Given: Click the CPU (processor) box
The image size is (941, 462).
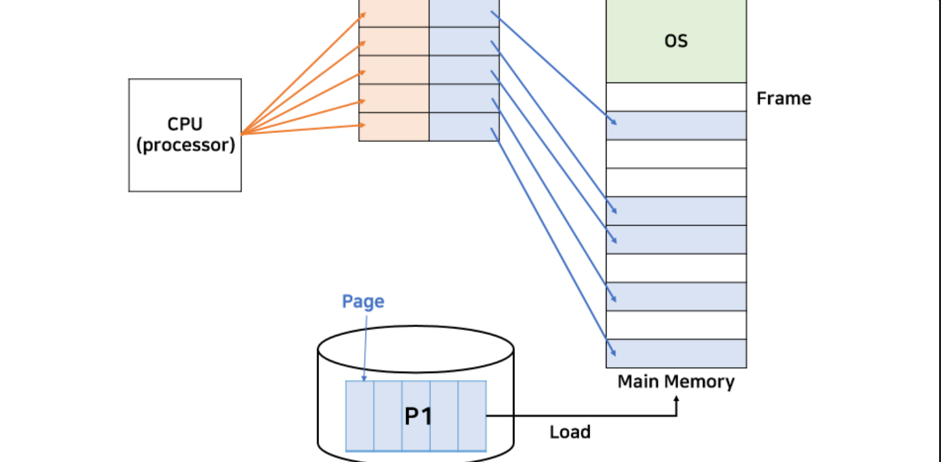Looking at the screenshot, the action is (185, 135).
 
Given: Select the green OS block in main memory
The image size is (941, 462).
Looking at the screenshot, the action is (676, 41).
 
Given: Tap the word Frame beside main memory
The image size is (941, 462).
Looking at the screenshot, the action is (784, 98).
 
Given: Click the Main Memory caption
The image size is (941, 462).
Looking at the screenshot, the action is (676, 382).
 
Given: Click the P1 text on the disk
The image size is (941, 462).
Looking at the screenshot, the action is (418, 417).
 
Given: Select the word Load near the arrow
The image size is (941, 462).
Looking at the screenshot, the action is (570, 432).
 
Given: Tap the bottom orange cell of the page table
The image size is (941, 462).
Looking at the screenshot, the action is (394, 126).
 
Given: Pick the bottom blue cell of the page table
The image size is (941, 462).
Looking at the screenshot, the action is (464, 126).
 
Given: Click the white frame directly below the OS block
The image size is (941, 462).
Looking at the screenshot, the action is (676, 97).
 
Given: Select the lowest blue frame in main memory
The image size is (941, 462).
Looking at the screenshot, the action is (676, 354).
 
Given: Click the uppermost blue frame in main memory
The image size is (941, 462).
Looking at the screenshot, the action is (676, 126).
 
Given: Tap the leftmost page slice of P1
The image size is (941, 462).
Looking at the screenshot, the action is (360, 416).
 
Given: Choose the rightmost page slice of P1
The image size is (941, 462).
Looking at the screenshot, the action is (472, 416).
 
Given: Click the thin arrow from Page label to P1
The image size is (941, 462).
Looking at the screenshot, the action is (365, 348).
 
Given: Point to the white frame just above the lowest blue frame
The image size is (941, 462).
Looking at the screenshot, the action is (676, 325).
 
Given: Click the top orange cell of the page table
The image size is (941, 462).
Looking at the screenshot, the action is (394, 14).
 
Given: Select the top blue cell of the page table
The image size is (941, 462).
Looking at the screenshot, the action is (464, 14).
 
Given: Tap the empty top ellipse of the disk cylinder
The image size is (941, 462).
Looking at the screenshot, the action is (416, 349).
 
